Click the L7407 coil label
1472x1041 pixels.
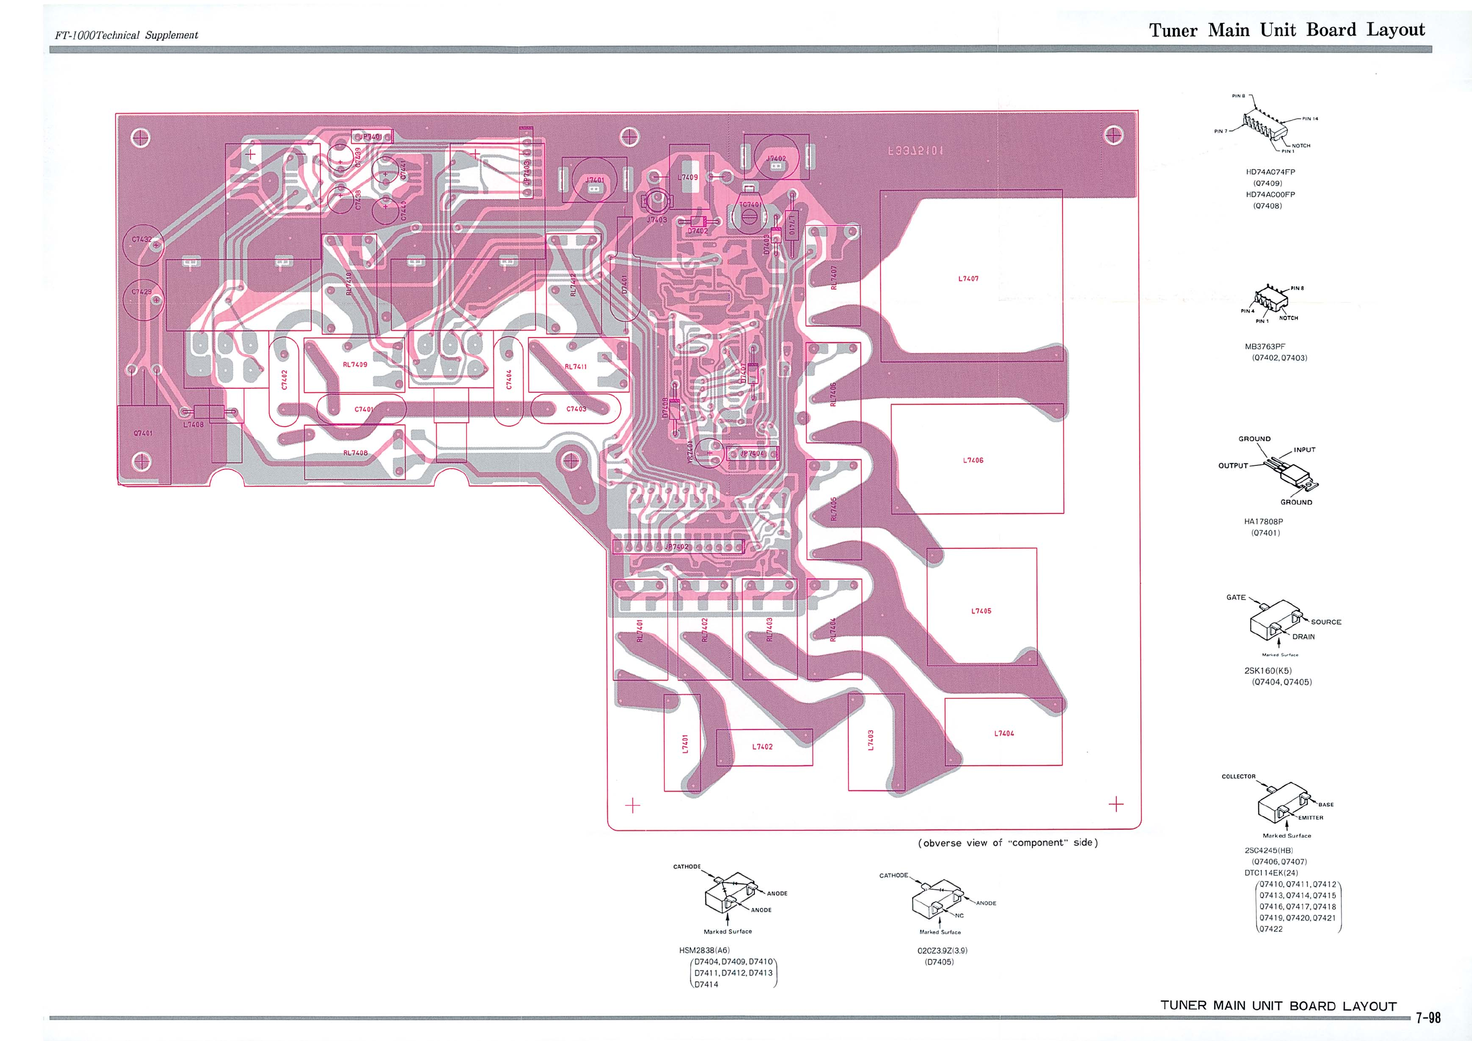[968, 279]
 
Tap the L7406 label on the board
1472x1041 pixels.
[973, 460]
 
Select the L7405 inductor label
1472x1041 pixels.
[981, 611]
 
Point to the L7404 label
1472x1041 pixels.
[1004, 733]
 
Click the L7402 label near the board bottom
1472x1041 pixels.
[762, 747]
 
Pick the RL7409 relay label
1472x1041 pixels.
[355, 365]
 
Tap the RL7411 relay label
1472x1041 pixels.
[575, 367]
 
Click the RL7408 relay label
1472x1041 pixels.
[355, 453]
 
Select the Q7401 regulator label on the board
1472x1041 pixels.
[143, 433]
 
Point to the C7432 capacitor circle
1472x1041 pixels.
[142, 244]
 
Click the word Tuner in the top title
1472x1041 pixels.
[1173, 31]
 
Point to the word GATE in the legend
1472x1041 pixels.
[1236, 598]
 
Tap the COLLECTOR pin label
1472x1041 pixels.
[1238, 776]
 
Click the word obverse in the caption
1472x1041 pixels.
[942, 843]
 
